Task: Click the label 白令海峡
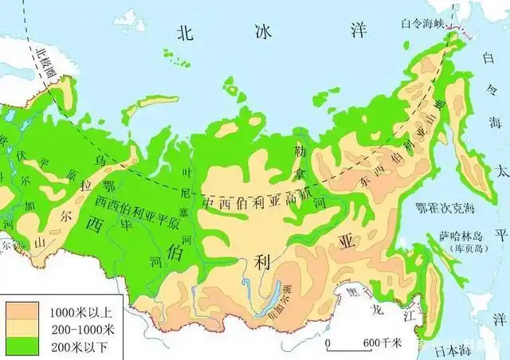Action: point(422,24)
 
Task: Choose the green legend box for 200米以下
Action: point(20,345)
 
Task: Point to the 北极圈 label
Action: point(42,61)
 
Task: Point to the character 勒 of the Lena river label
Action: point(300,151)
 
